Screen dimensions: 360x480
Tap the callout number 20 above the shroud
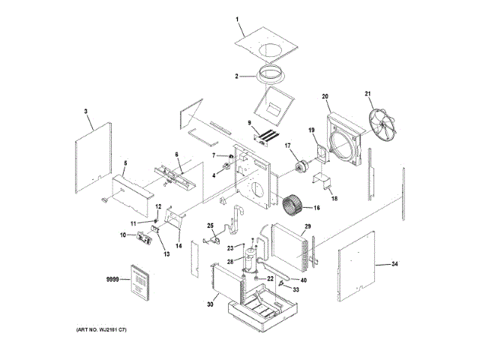coord(326,96)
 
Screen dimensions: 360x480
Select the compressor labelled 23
coord(250,259)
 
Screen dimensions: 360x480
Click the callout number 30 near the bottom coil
coord(210,304)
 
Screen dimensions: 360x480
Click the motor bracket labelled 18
coord(324,182)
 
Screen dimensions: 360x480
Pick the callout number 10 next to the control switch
coord(123,235)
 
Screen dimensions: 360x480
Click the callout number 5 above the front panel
coord(125,163)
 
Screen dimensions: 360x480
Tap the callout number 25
coord(211,225)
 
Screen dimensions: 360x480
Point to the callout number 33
coord(295,289)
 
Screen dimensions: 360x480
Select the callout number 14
coord(178,245)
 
